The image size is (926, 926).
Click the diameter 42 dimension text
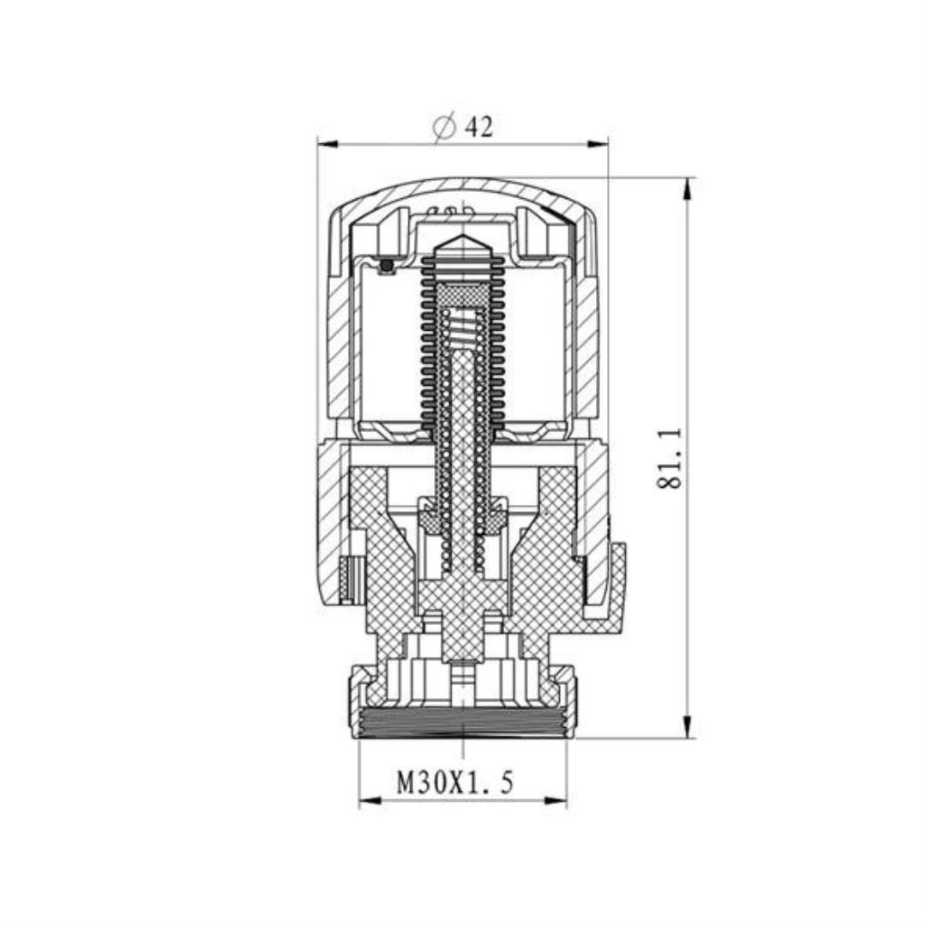(462, 127)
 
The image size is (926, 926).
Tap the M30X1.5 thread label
(455, 783)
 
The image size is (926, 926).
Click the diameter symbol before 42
(443, 128)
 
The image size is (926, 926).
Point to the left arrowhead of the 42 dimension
(327, 143)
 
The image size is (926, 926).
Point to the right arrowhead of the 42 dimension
(598, 143)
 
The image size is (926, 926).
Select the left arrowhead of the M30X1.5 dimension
(370, 801)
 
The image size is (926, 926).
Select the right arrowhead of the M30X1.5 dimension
(556, 801)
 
